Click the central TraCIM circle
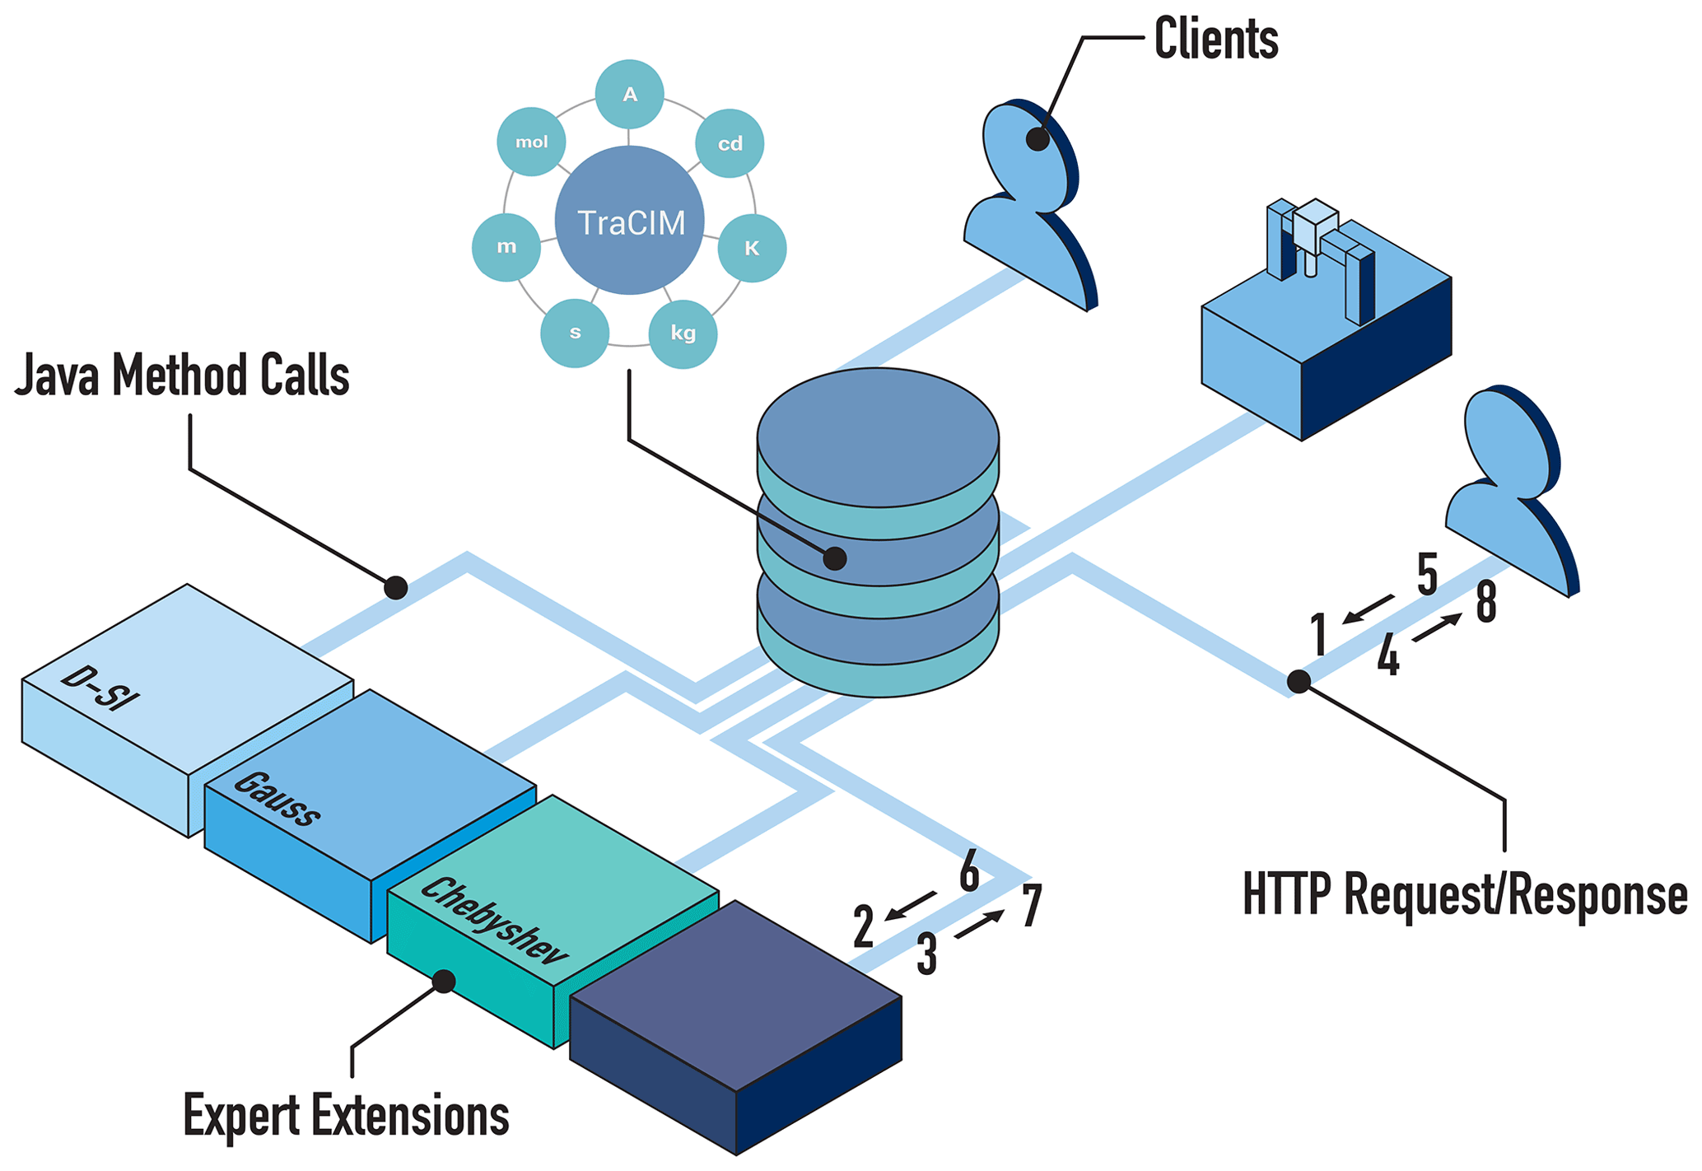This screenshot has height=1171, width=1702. click(x=629, y=221)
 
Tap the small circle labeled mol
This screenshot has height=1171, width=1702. click(x=531, y=142)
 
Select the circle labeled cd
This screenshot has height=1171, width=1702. click(x=730, y=143)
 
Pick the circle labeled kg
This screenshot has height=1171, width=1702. click(x=683, y=333)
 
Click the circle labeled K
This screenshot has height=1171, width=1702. click(x=752, y=248)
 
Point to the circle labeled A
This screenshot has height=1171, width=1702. click(x=630, y=95)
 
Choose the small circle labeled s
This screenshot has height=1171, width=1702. click(x=575, y=333)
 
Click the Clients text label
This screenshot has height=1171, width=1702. click(x=1215, y=38)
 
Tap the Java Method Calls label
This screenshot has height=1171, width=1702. click(x=183, y=376)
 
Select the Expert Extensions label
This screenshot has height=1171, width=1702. click(x=346, y=1116)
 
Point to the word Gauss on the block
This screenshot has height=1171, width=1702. click(x=277, y=798)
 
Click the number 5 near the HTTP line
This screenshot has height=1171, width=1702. click(x=1427, y=574)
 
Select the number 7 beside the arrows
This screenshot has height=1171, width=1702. click(x=1033, y=906)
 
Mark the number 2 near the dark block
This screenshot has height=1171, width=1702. click(x=863, y=926)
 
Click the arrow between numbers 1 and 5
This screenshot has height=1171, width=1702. click(x=1368, y=609)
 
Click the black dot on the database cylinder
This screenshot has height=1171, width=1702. click(x=835, y=558)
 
